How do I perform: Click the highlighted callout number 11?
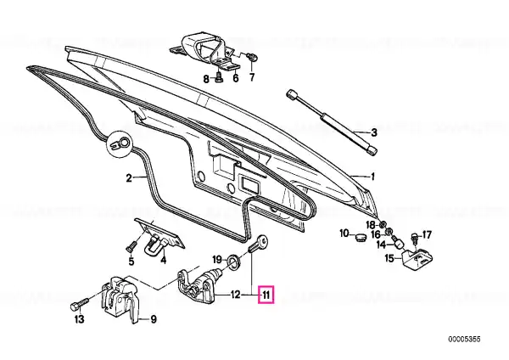[266, 295]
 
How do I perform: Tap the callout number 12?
[235, 295]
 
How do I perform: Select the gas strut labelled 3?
[332, 122]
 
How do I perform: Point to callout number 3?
[374, 132]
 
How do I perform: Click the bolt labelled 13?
[79, 305]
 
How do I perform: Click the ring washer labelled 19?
[233, 261]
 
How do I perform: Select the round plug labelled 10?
[361, 238]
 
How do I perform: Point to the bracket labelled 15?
[415, 259]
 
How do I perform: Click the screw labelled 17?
[415, 237]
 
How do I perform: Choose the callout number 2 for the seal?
[129, 178]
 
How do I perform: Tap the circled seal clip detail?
[120, 143]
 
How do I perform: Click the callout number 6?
[236, 78]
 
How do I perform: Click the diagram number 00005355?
[464, 340]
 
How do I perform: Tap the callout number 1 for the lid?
[373, 177]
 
